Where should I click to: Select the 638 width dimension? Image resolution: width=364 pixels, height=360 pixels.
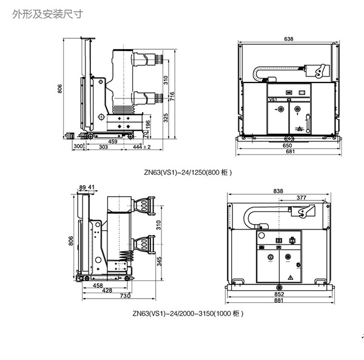pos(288,39)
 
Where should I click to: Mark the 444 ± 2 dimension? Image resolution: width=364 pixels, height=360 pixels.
pos(142,148)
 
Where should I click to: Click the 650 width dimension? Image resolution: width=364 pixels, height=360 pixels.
pos(287,146)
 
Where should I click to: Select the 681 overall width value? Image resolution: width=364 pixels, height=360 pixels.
pos(287,152)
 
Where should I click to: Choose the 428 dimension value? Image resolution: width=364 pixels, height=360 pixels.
pos(107,290)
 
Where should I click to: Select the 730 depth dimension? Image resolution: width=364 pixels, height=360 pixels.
pos(124,296)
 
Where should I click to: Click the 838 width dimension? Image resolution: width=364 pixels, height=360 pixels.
pos(278,191)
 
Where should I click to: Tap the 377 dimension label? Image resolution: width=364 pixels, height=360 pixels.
pos(301,198)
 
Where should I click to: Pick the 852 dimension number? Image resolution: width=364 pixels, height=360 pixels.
pos(279,294)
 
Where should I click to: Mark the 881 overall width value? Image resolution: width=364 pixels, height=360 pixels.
pos(279,301)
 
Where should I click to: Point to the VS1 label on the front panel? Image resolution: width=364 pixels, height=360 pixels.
pos(272,99)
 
